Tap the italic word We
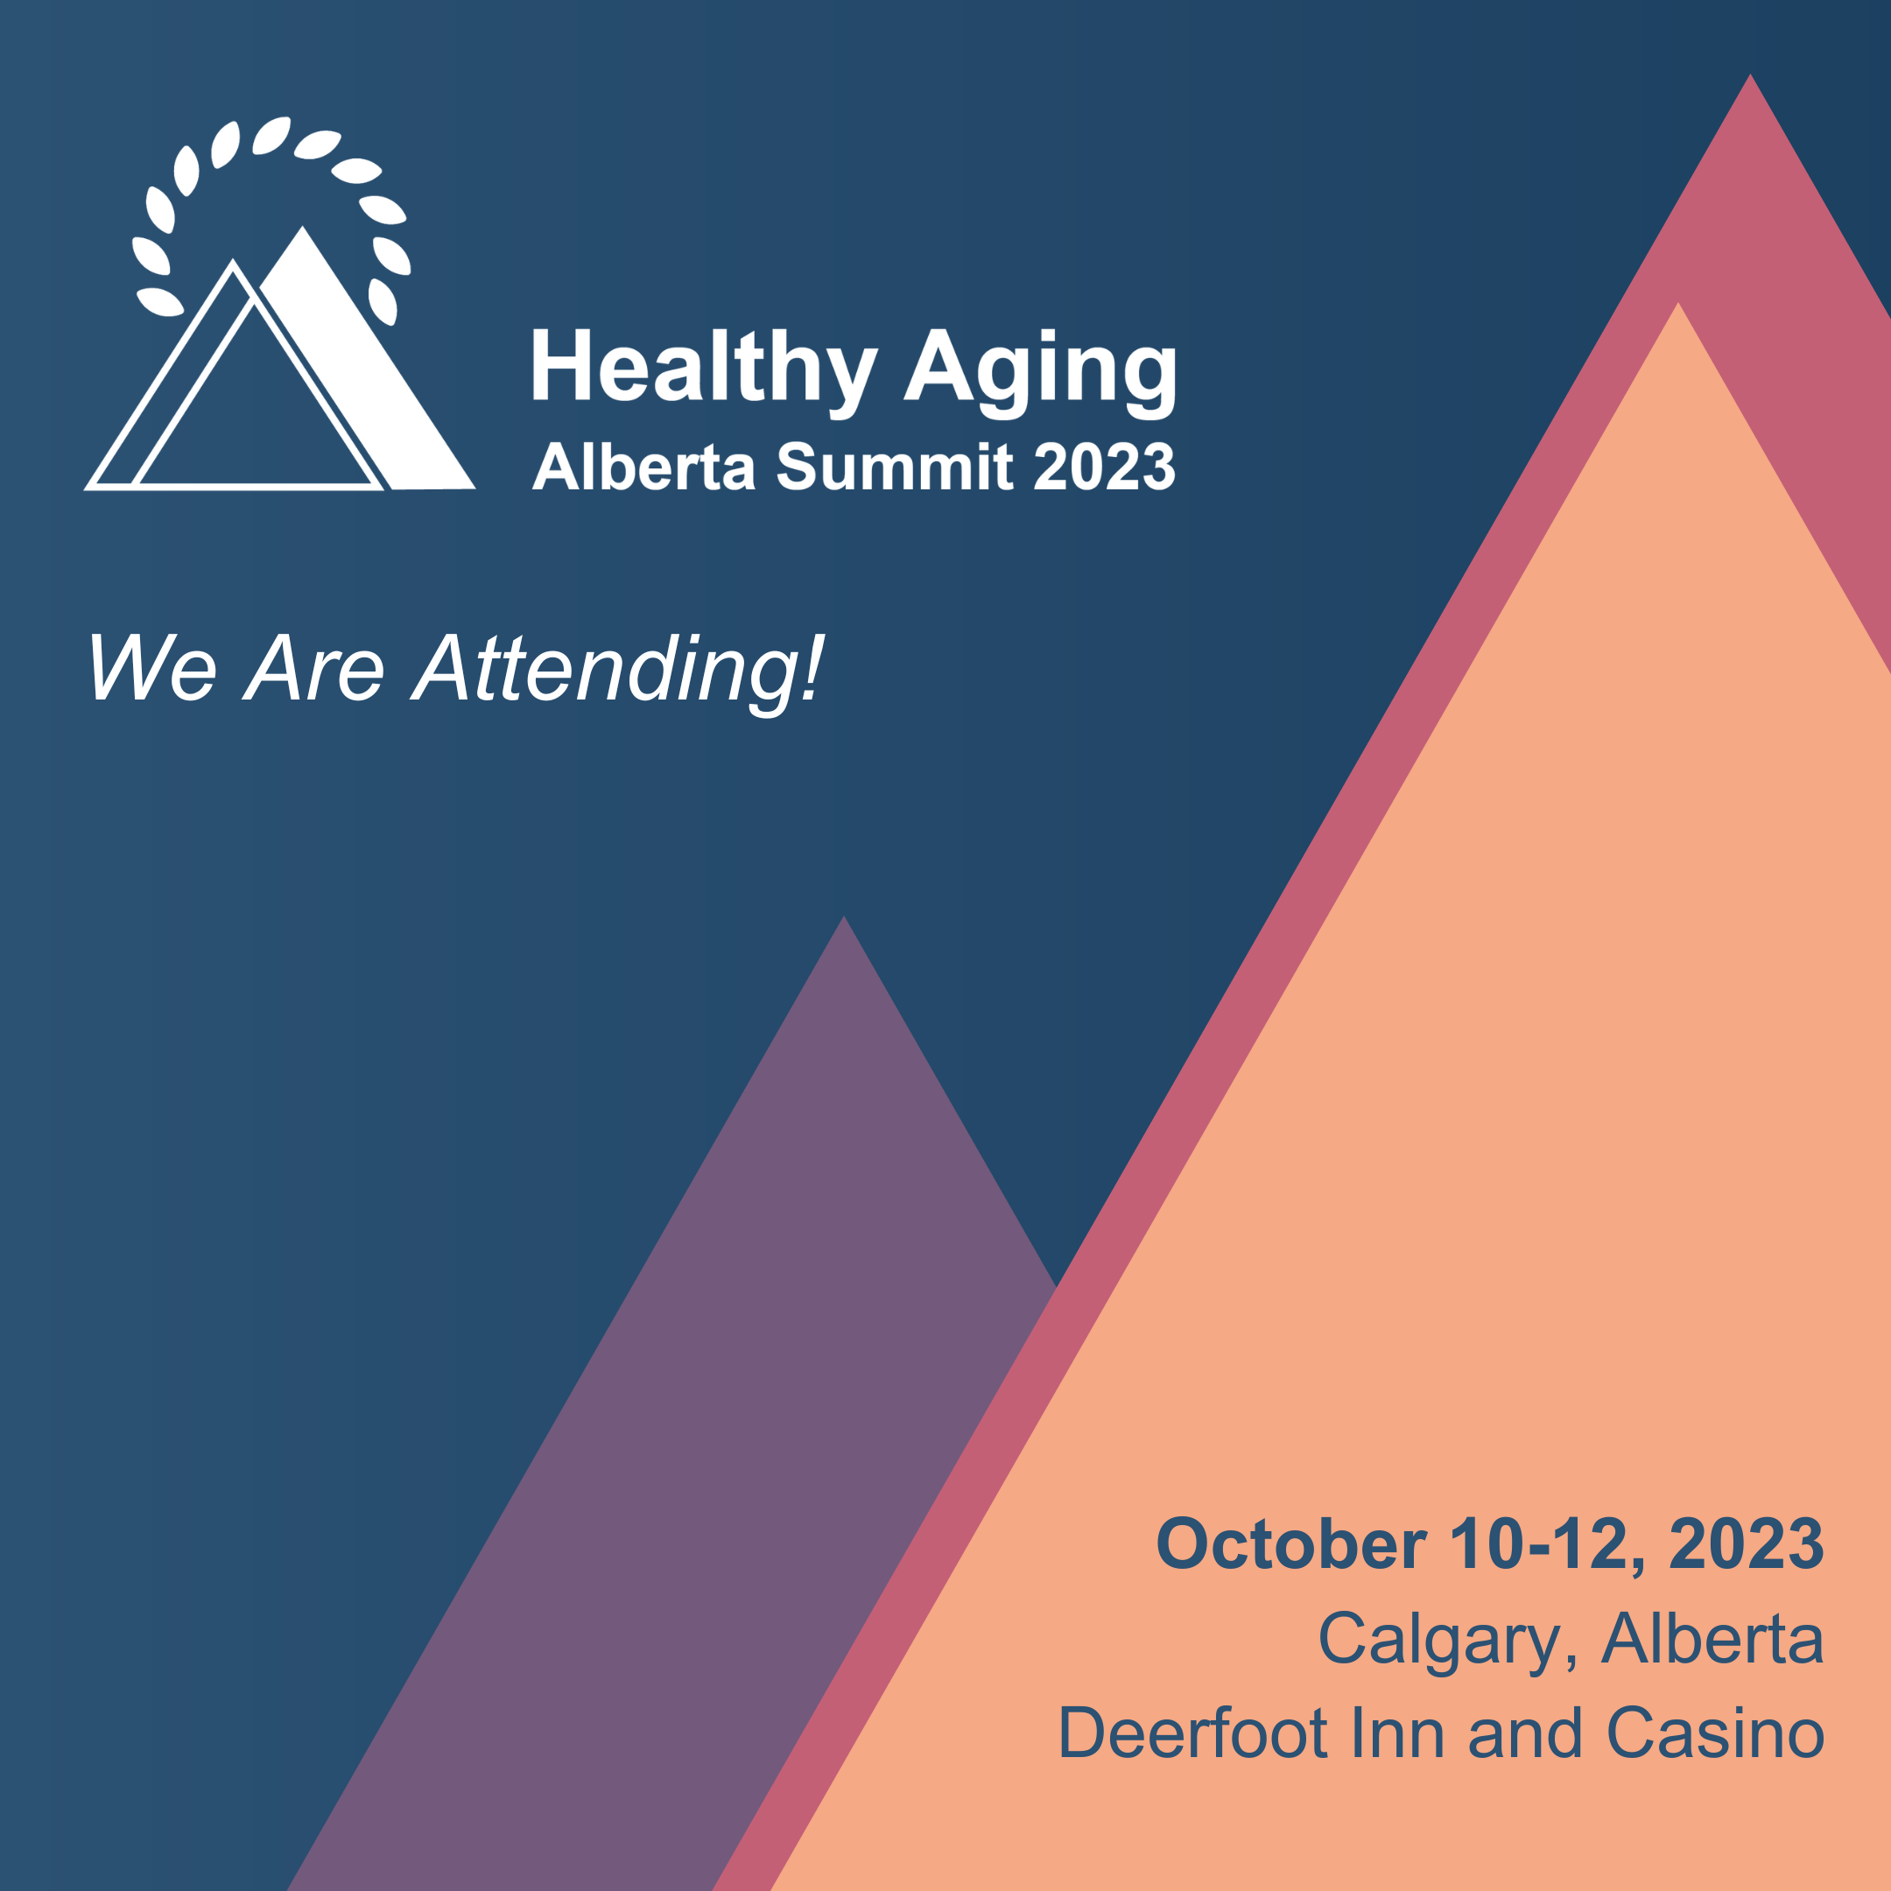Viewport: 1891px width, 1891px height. [151, 666]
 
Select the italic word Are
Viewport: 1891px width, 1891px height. [314, 666]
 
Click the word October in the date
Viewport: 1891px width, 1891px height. [1291, 1544]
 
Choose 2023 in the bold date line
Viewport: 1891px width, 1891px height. [1747, 1544]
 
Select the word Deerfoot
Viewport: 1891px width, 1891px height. [1193, 1733]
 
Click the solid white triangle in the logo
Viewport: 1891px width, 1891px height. [367, 382]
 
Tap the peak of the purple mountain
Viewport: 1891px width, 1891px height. [844, 917]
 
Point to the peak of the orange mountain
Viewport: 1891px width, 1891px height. [1678, 304]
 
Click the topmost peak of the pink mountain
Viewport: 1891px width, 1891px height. [1750, 74]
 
